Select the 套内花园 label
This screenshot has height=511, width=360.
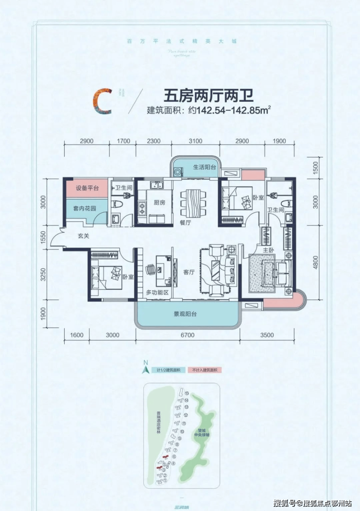pyautogui.click(x=85, y=209)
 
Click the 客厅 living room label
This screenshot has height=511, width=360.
pyautogui.click(x=189, y=272)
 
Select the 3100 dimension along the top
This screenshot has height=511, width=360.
pyautogui.click(x=195, y=141)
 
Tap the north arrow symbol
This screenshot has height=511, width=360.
pyautogui.click(x=144, y=369)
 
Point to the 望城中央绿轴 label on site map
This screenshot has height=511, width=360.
pyautogui.click(x=200, y=432)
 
